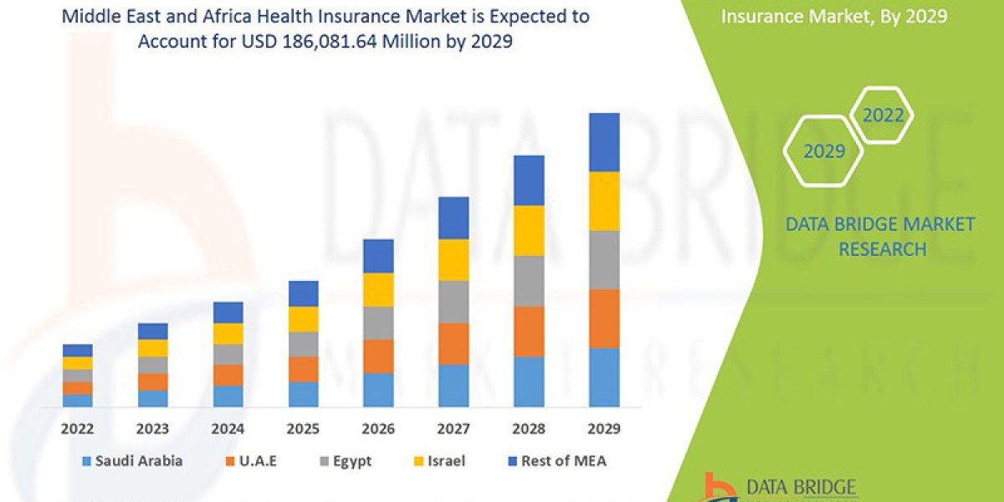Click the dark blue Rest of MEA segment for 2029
(604, 142)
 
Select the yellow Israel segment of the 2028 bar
(529, 230)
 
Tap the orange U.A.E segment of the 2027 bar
(453, 343)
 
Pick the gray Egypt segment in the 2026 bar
(378, 322)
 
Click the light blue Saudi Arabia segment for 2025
(304, 394)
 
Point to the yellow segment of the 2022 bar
(78, 363)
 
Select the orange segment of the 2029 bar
(604, 319)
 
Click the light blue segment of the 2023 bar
(153, 398)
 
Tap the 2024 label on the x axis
(228, 429)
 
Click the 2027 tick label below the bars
(453, 429)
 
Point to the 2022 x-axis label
(78, 429)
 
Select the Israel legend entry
(442, 461)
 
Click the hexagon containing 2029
(823, 151)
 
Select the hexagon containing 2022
(883, 115)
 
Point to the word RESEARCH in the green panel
(882, 249)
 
